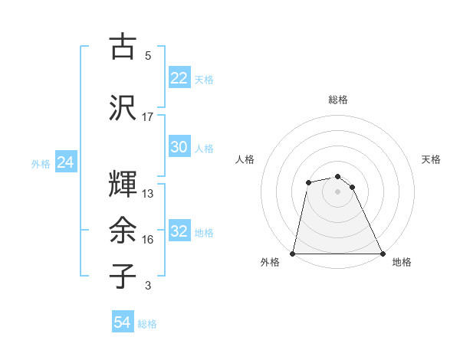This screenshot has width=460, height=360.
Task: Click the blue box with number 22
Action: coord(179,78)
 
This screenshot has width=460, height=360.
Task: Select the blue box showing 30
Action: coord(179,148)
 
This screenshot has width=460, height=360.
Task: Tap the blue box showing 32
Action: coord(179,232)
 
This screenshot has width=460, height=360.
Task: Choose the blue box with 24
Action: coord(66,162)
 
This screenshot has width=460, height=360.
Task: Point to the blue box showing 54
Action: coord(123,323)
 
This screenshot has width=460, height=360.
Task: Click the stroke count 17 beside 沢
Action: coord(148,117)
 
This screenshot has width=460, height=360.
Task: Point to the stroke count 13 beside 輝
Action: coord(148,193)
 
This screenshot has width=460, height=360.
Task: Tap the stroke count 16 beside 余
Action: coord(148,240)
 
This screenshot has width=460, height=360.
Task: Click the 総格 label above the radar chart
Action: coord(338,100)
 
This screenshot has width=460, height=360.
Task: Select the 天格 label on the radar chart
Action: coord(432,159)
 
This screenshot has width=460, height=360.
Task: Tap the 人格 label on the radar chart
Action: coord(245,159)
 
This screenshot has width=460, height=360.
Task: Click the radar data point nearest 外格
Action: coord(293,253)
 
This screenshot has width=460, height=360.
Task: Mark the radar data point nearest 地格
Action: coord(383,253)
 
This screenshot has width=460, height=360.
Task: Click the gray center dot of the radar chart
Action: coord(337,191)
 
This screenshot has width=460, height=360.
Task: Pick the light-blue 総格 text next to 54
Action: coord(147,324)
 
